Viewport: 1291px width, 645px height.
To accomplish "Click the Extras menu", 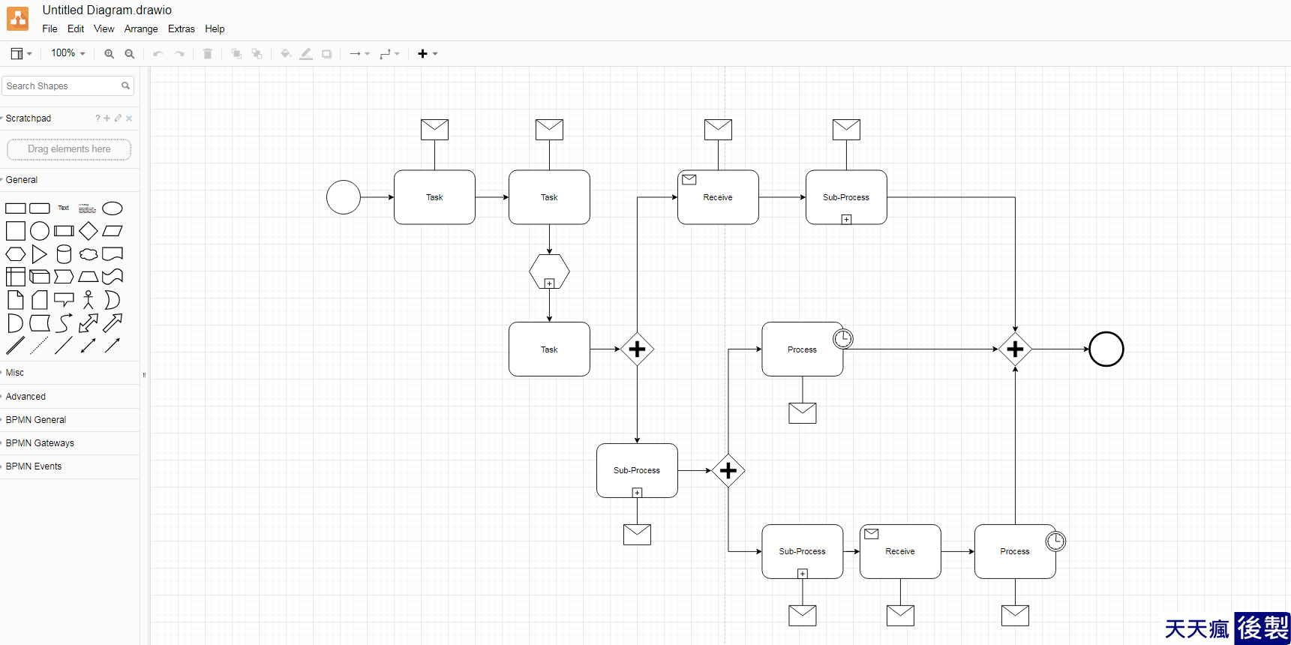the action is point(181,28).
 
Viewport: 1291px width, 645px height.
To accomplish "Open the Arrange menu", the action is point(141,28).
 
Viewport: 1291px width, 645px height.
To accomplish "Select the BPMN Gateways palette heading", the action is point(40,442).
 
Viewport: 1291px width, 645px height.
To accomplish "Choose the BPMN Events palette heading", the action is point(34,466).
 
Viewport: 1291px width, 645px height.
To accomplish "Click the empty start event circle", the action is point(344,197).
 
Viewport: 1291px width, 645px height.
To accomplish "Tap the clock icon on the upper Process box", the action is point(843,339).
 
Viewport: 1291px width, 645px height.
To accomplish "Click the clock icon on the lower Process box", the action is point(1055,541).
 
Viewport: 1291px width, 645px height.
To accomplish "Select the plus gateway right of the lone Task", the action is point(637,349).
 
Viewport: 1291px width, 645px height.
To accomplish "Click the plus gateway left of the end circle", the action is point(1015,349).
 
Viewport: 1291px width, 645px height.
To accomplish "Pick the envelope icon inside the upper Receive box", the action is point(689,179).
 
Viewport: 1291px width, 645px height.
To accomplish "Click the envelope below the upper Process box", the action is point(803,412).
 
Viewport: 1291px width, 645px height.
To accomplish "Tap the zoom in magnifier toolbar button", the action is point(110,53).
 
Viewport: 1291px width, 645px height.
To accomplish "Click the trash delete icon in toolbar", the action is point(208,53).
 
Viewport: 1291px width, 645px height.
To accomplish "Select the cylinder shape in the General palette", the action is point(64,254).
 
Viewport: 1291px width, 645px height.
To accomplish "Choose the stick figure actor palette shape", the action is point(89,299).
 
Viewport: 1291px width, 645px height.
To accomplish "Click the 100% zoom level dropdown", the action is point(68,53).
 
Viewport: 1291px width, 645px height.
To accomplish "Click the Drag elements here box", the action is point(69,149).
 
